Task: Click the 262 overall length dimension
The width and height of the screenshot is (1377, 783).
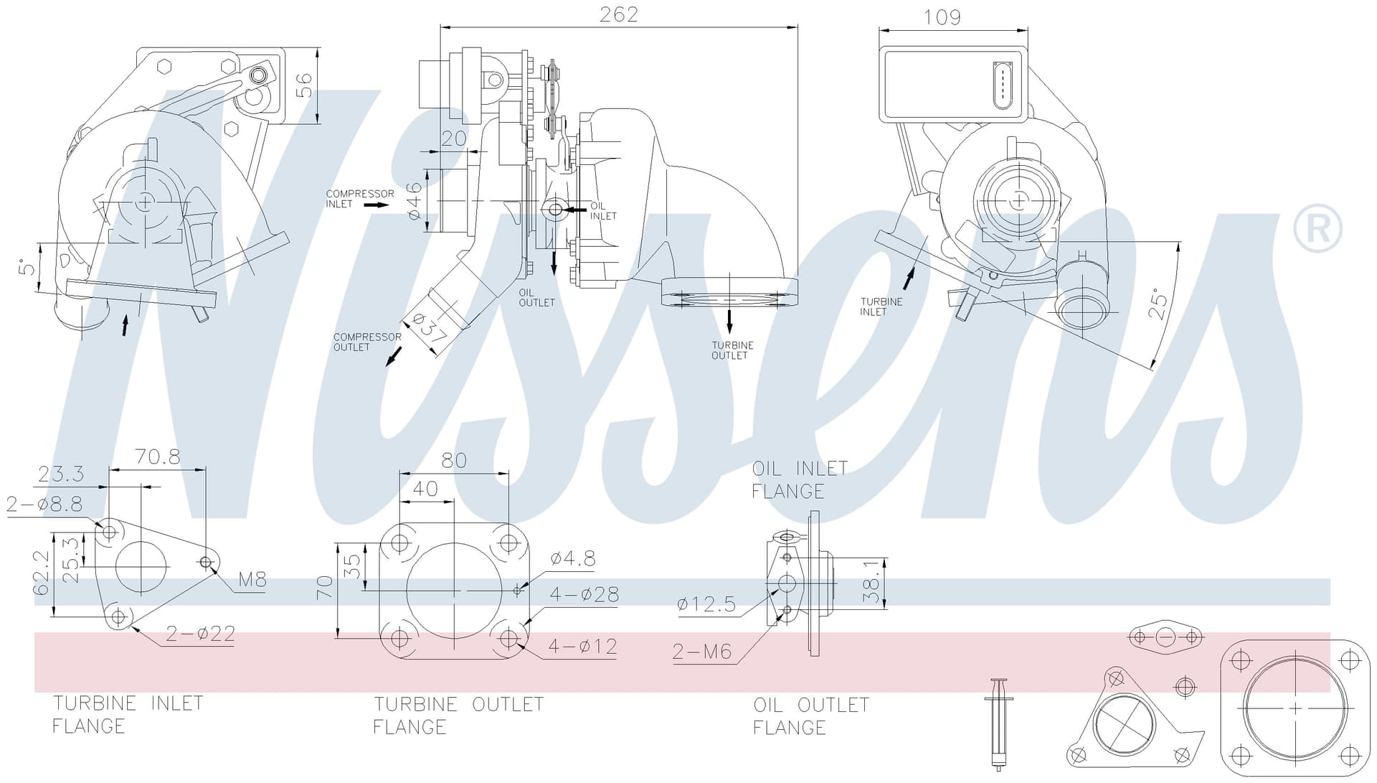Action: (618, 14)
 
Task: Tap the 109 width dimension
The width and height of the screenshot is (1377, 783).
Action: (942, 17)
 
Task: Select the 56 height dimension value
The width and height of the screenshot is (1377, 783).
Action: (305, 85)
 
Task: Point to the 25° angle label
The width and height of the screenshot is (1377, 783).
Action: (1157, 304)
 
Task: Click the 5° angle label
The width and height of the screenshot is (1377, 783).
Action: (27, 268)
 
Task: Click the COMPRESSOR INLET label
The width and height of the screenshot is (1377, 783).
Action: (360, 199)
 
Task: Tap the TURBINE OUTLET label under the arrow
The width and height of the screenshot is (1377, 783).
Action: (732, 350)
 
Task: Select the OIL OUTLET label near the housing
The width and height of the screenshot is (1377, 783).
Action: (536, 298)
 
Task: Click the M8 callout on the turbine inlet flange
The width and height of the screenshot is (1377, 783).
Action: (252, 579)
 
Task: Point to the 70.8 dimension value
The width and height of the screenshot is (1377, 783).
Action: (158, 456)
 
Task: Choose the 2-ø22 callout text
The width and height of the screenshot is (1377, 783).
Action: (201, 634)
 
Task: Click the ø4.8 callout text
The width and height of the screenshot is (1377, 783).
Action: (573, 558)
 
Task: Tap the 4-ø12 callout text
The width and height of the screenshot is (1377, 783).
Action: (583, 647)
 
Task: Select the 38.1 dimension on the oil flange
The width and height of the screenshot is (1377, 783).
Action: (872, 581)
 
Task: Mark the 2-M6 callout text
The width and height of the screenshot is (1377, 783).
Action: (702, 652)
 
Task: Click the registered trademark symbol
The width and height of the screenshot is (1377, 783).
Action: (1317, 228)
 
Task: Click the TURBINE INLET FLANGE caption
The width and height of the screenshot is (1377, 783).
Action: (128, 715)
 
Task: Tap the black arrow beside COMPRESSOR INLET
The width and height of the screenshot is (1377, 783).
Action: (377, 205)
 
